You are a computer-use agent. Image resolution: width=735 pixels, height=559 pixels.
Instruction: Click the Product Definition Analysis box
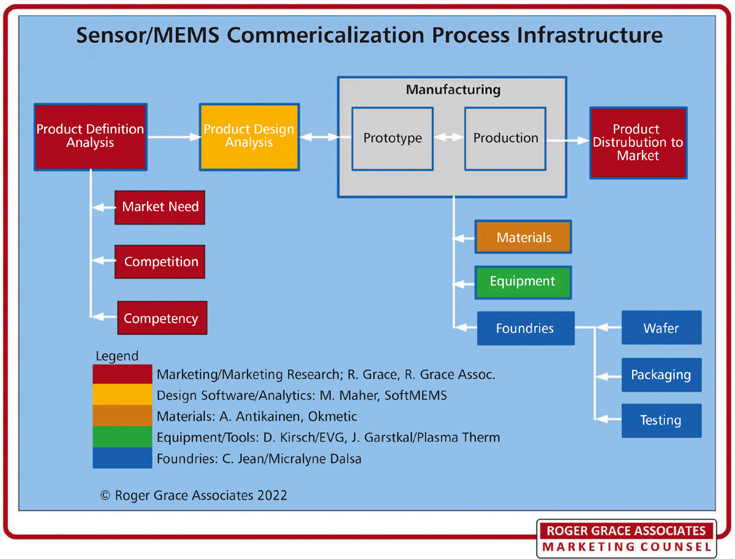coord(91,137)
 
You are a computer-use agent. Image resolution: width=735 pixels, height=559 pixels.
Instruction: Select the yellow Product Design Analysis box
coord(249,137)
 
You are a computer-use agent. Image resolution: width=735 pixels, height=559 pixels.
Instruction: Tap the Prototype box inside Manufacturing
coord(393,138)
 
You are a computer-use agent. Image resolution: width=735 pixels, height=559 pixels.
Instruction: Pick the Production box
coord(505,138)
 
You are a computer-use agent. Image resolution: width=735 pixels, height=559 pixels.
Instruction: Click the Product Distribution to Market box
coord(638,143)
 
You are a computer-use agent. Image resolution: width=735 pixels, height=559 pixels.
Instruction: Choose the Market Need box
coord(160,207)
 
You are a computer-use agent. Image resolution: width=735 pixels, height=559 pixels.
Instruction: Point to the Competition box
coord(160,262)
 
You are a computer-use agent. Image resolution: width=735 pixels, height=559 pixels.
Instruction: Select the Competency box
coord(162,318)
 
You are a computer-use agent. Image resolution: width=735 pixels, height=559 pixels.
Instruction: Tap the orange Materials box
coord(524,238)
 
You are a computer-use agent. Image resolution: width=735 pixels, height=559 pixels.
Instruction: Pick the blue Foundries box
coord(525,328)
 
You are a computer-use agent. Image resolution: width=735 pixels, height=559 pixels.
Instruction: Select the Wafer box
coord(661,328)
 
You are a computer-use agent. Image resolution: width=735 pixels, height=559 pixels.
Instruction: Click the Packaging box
coord(661,375)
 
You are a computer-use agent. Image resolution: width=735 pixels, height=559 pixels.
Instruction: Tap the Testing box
coord(661,421)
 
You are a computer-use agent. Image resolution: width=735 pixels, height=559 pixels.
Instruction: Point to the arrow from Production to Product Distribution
coord(567,140)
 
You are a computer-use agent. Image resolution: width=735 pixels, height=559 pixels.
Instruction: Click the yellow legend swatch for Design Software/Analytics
coord(123,395)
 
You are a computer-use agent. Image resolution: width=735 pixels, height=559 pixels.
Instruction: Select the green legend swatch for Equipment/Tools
coord(123,437)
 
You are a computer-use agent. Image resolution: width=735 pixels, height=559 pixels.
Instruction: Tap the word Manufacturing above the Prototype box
coord(453,91)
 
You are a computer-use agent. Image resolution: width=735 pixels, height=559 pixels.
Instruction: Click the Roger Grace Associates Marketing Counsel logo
coord(626,539)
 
